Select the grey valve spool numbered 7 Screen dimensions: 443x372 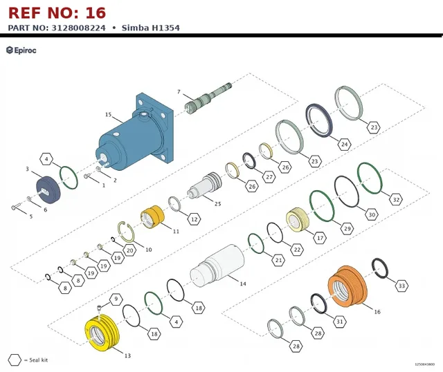[x=208, y=97]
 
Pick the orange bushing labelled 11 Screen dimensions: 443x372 [x=152, y=216]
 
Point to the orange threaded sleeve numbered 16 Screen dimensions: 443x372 [x=347, y=286]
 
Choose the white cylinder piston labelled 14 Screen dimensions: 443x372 [x=217, y=266]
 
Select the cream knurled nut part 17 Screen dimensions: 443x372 [x=298, y=220]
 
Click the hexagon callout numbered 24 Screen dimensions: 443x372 [x=345, y=145]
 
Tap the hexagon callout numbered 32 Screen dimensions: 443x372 [x=396, y=200]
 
